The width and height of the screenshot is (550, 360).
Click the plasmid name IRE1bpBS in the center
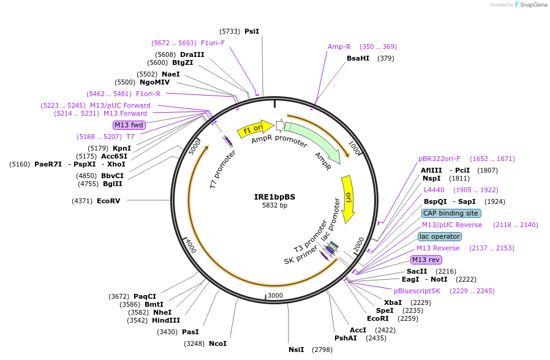(x=274, y=197)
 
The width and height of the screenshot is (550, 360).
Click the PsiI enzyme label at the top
(x=252, y=31)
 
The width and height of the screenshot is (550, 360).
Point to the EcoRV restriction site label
(x=108, y=201)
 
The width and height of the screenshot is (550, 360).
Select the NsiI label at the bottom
(x=296, y=350)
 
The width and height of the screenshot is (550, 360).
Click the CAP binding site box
(x=451, y=213)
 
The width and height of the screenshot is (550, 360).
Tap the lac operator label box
(x=440, y=236)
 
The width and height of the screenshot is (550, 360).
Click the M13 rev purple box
(x=426, y=260)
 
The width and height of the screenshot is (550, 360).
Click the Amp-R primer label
(x=339, y=47)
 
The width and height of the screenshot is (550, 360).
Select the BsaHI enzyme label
(x=358, y=58)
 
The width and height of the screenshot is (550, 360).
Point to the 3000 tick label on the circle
(x=275, y=295)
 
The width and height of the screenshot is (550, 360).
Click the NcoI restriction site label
(x=217, y=343)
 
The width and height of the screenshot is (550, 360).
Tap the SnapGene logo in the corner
(x=530, y=5)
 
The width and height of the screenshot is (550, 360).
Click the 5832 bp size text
(x=274, y=206)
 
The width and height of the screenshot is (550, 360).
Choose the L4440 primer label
(x=434, y=190)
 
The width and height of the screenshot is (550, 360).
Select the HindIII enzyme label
(x=166, y=320)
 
